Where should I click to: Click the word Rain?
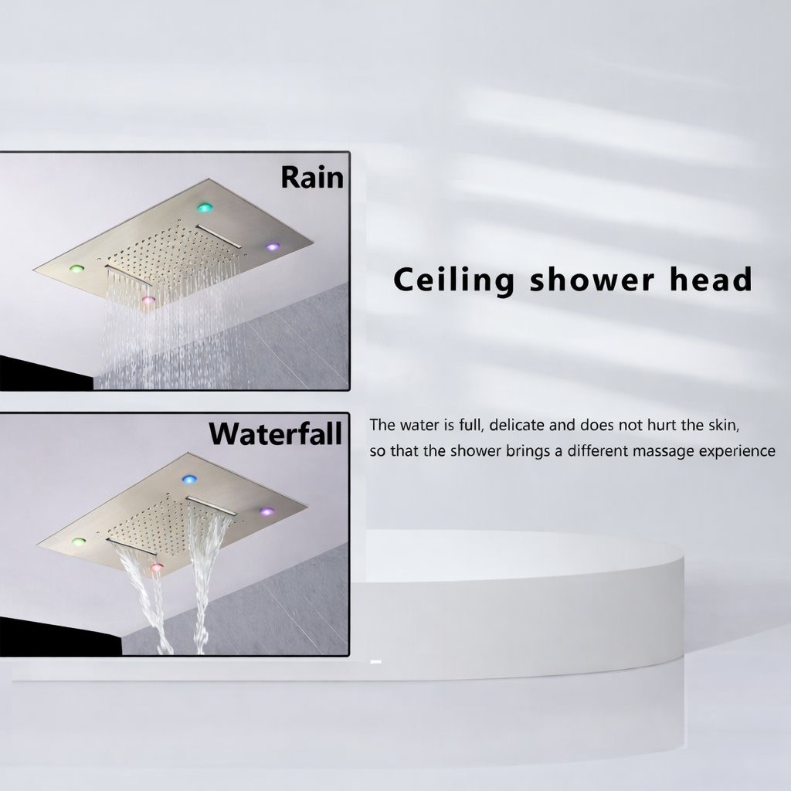(311, 177)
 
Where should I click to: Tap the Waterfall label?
(275, 434)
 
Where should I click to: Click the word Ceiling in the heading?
(453, 280)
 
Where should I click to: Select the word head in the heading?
(711, 279)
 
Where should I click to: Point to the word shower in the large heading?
(591, 279)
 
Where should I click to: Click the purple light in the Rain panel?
(272, 246)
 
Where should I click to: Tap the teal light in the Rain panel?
(205, 207)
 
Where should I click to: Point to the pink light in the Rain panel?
(148, 299)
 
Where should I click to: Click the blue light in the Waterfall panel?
(189, 480)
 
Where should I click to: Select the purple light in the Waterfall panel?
(266, 511)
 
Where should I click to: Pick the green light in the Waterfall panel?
(79, 541)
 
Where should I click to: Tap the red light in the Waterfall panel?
(157, 568)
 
